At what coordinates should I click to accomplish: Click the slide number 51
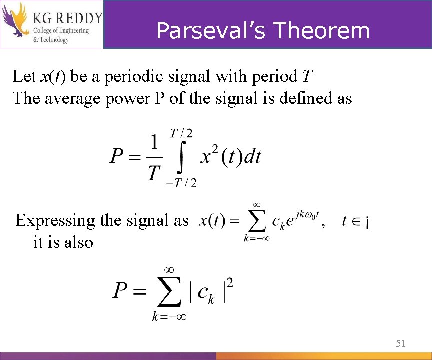coord(400,343)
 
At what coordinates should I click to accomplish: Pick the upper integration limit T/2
coord(182,133)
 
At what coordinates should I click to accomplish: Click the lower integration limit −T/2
coord(181,183)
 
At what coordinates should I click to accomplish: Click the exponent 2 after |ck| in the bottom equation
coord(230,283)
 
